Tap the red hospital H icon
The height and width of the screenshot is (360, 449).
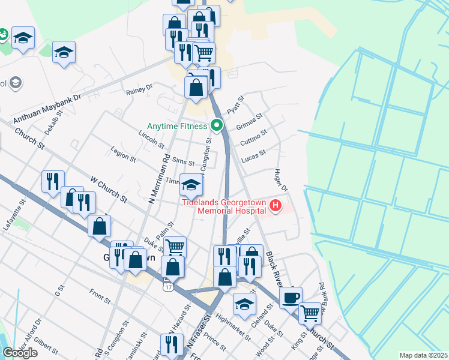[276, 207]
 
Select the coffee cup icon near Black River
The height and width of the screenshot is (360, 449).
[291, 298]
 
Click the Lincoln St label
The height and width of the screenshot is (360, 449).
[151, 139]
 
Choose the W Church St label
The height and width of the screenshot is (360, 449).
[109, 188]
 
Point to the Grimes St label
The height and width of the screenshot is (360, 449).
[250, 125]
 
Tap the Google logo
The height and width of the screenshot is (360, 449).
[20, 353]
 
